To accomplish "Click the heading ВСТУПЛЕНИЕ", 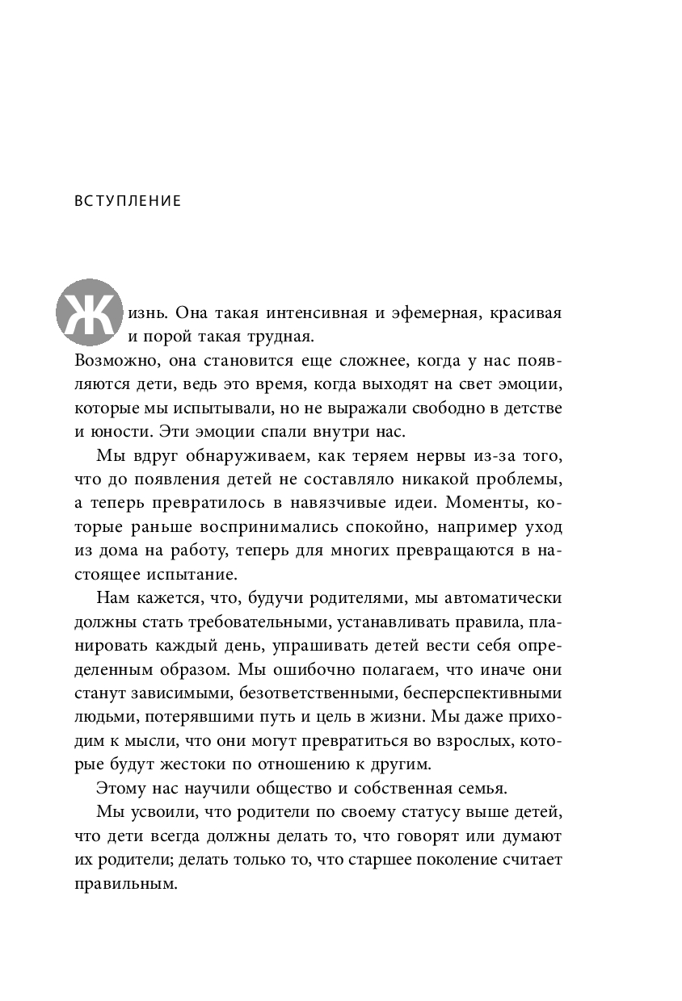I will click(x=128, y=201).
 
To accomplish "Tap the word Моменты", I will click(x=478, y=503).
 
